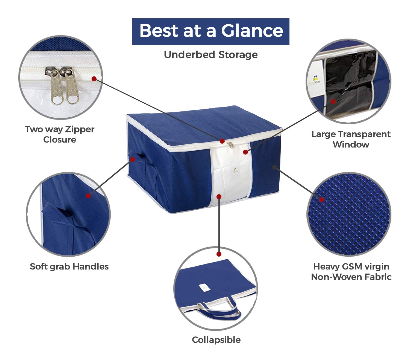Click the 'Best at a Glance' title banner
[x=210, y=31]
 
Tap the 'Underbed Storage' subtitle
[x=211, y=55]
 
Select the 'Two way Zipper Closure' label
[x=60, y=135]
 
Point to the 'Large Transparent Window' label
[x=351, y=140]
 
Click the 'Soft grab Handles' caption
[x=69, y=267]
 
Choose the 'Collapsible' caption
[x=216, y=340]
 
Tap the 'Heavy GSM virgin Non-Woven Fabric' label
[x=351, y=272]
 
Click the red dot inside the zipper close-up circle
[x=94, y=79]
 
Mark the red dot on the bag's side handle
[x=133, y=159]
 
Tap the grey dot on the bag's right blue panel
[x=275, y=167]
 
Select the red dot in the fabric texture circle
[x=321, y=199]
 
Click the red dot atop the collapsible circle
[x=219, y=254]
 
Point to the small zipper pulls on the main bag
[x=231, y=145]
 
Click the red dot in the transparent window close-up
[x=333, y=101]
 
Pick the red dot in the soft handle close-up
[x=88, y=196]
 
